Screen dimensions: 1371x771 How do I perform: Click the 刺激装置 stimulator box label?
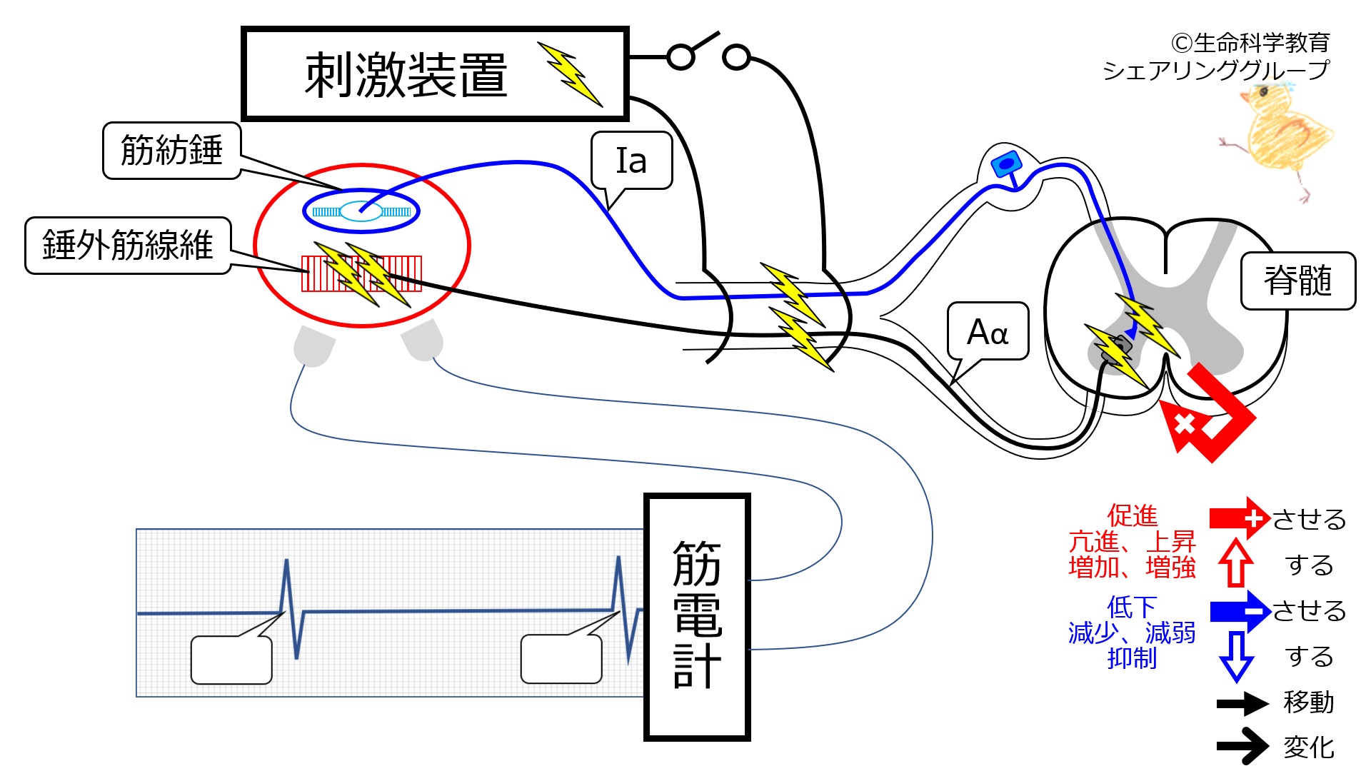tap(406, 75)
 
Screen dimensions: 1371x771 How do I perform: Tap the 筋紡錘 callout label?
tap(171, 150)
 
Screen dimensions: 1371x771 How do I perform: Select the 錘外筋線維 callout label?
tap(128, 245)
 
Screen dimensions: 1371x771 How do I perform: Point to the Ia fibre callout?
tap(632, 161)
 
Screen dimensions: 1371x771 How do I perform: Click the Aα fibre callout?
tap(988, 331)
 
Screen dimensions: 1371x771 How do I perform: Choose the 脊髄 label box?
tap(1298, 281)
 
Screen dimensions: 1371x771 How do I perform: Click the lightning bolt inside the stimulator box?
tap(571, 74)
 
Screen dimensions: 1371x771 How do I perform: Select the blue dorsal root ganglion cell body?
tap(1006, 165)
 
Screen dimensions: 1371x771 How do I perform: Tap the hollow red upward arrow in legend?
tap(1236, 563)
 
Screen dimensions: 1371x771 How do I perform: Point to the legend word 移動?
tap(1309, 702)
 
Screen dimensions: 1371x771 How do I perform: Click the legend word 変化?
tap(1309, 747)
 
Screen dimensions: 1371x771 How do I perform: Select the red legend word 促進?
tap(1133, 515)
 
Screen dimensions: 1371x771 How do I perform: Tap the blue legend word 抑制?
tap(1133, 657)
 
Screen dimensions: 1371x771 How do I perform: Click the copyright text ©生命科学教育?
tap(1250, 43)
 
